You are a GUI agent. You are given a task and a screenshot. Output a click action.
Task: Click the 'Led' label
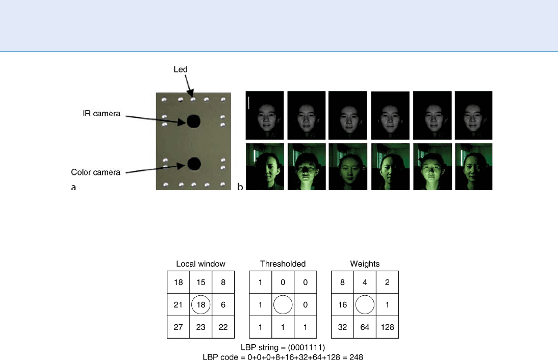click(180, 69)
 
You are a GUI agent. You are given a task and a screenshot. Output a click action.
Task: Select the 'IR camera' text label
click(102, 114)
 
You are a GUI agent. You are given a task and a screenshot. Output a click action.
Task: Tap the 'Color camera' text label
click(96, 172)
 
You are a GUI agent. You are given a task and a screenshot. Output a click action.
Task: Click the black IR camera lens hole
click(194, 121)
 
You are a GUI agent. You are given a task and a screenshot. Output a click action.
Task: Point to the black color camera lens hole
click(194, 164)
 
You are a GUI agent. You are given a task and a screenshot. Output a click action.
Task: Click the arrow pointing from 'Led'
click(189, 86)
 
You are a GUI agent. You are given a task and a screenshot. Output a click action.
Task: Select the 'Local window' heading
click(201, 264)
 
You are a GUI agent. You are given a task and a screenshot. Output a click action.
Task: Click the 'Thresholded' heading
click(283, 264)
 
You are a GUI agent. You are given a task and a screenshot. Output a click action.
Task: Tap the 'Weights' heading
click(365, 264)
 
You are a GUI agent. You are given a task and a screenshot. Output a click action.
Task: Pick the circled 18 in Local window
click(201, 304)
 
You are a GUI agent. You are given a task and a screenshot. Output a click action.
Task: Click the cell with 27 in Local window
click(179, 327)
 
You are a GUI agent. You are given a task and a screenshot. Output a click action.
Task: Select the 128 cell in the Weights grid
click(387, 327)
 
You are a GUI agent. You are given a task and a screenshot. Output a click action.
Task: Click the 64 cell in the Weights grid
click(365, 327)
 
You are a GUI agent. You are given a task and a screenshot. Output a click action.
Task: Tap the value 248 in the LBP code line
click(356, 356)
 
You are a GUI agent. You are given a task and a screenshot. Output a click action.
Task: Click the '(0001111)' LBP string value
click(307, 347)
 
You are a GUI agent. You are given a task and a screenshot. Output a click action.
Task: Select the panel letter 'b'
click(240, 187)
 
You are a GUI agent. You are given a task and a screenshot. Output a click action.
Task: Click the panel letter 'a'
click(73, 187)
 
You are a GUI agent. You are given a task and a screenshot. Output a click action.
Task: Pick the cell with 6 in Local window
click(223, 304)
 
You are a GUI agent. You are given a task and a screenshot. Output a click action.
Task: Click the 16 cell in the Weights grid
click(342, 304)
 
